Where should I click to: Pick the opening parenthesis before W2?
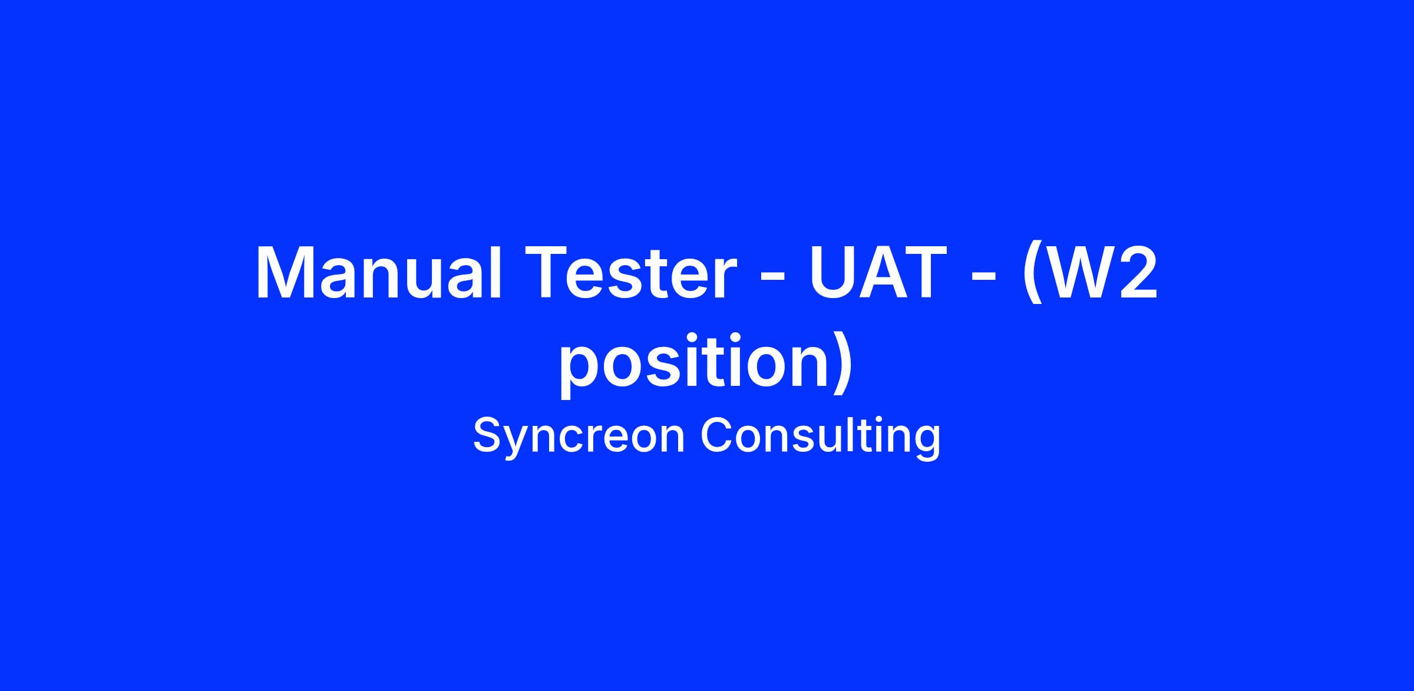(1032, 277)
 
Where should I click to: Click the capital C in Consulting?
(716, 435)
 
